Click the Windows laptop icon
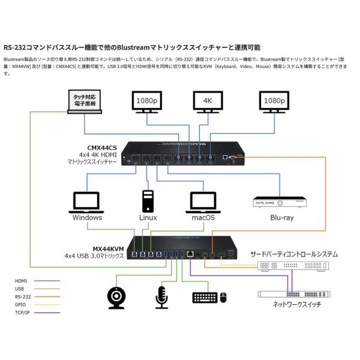point(87,202)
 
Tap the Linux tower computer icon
point(148,200)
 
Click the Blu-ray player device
point(280,203)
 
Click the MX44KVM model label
point(108,247)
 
